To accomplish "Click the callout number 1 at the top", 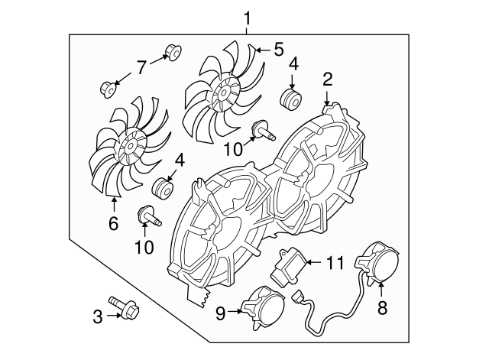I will coord(246,16).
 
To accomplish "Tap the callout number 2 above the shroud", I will coord(327,78).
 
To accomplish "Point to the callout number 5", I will coord(278,50).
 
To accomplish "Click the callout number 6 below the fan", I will coord(113,224).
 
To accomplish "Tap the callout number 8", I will coord(382,308).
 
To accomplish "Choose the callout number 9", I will coord(221,312).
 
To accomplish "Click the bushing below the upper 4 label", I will coord(290,100).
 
